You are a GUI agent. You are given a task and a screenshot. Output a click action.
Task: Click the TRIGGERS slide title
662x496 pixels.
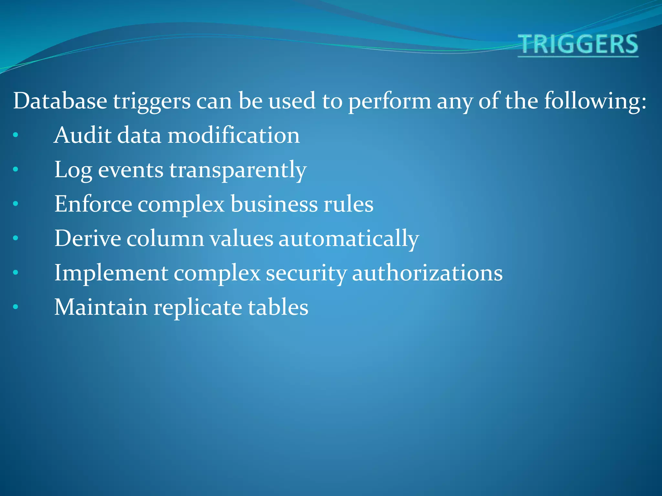(x=578, y=45)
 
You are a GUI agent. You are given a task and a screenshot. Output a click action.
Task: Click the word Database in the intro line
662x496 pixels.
(x=60, y=101)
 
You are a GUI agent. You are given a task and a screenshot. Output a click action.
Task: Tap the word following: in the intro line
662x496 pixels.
(x=595, y=101)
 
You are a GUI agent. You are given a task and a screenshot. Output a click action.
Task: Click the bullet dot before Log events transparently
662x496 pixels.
(x=16, y=169)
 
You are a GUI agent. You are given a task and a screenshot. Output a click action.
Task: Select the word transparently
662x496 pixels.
(x=238, y=170)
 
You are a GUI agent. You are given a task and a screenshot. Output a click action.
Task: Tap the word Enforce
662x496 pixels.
(x=93, y=204)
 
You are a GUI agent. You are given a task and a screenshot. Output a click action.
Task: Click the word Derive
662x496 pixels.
(x=87, y=238)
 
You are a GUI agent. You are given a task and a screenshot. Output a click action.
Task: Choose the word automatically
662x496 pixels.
(x=348, y=239)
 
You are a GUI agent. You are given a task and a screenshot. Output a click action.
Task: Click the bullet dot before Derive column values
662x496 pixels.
(x=16, y=238)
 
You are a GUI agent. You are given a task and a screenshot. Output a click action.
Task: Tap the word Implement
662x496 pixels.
(x=111, y=273)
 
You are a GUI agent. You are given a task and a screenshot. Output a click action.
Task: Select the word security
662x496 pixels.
(x=306, y=273)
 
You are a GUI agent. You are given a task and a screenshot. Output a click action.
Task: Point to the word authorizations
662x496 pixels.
(x=427, y=273)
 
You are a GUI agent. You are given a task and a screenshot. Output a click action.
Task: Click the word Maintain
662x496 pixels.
(x=101, y=307)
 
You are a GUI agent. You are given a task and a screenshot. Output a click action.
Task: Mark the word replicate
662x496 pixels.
(x=198, y=308)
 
